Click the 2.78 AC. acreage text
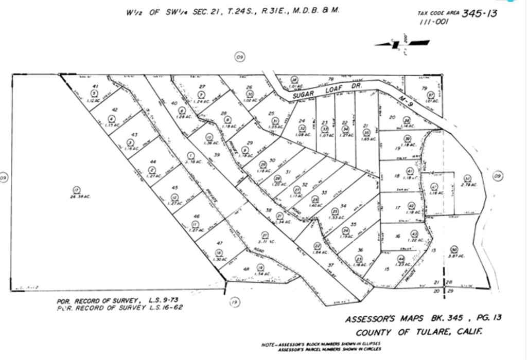(x=469, y=185)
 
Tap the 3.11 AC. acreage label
(x=265, y=241)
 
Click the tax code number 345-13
(x=479, y=14)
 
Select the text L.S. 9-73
(x=161, y=300)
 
